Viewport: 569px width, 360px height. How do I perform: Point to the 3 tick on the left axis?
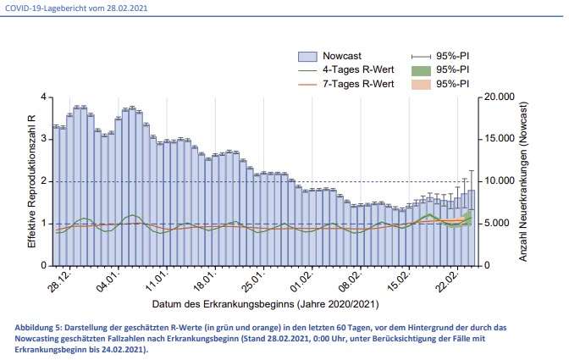point(44,139)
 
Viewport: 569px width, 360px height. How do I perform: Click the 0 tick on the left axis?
point(44,266)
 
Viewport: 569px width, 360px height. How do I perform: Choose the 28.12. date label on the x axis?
point(60,280)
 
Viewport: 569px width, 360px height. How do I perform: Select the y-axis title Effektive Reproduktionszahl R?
point(31,181)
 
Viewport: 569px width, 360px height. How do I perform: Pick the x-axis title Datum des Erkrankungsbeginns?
point(266,303)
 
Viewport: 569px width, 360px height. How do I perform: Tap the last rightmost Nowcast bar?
point(471,229)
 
